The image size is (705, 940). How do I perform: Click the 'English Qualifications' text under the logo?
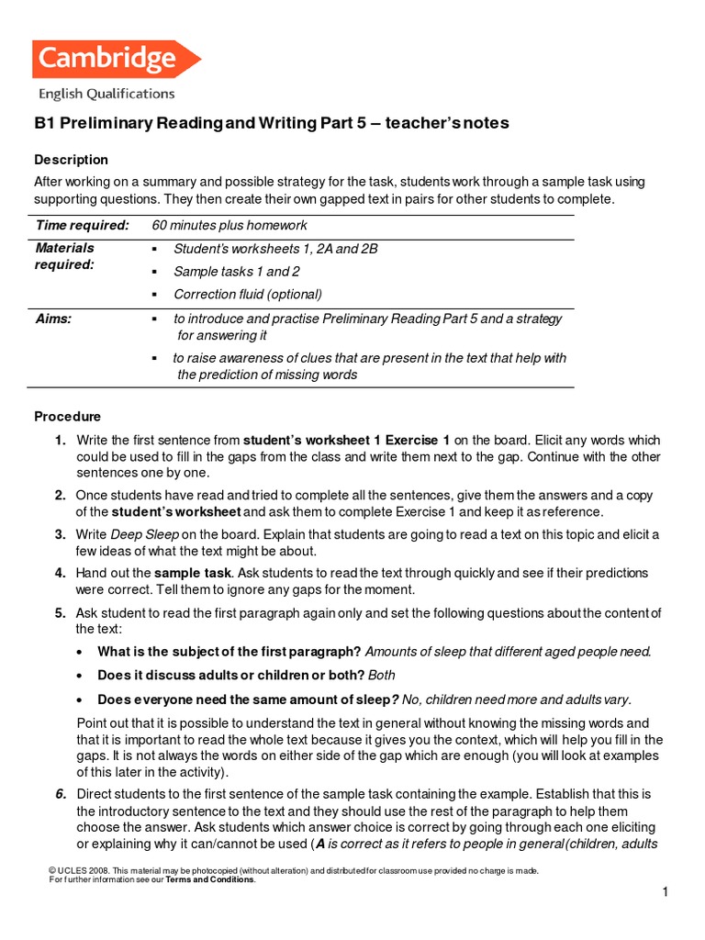click(106, 94)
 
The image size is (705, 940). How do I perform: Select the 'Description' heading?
click(71, 160)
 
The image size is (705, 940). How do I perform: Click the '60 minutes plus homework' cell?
click(229, 226)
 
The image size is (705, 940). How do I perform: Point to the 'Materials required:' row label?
click(65, 256)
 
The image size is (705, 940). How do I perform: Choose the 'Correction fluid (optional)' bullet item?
click(247, 295)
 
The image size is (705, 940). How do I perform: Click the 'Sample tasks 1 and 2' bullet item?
click(236, 272)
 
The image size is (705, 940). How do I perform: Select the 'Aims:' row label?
click(53, 319)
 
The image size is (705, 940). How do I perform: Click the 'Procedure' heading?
click(67, 417)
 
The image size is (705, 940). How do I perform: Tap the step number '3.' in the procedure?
click(60, 534)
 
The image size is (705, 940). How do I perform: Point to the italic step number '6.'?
click(60, 793)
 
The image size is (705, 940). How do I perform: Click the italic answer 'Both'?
click(381, 675)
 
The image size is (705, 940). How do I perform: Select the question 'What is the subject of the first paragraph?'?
click(229, 652)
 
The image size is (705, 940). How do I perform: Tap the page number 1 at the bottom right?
click(664, 892)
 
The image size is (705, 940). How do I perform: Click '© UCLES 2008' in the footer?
click(78, 870)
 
